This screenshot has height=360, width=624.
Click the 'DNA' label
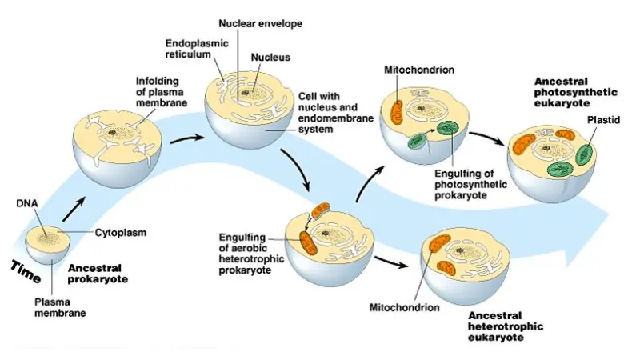(27, 203)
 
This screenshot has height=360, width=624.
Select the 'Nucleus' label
(270, 58)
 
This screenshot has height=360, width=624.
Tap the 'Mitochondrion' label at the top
(420, 70)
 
